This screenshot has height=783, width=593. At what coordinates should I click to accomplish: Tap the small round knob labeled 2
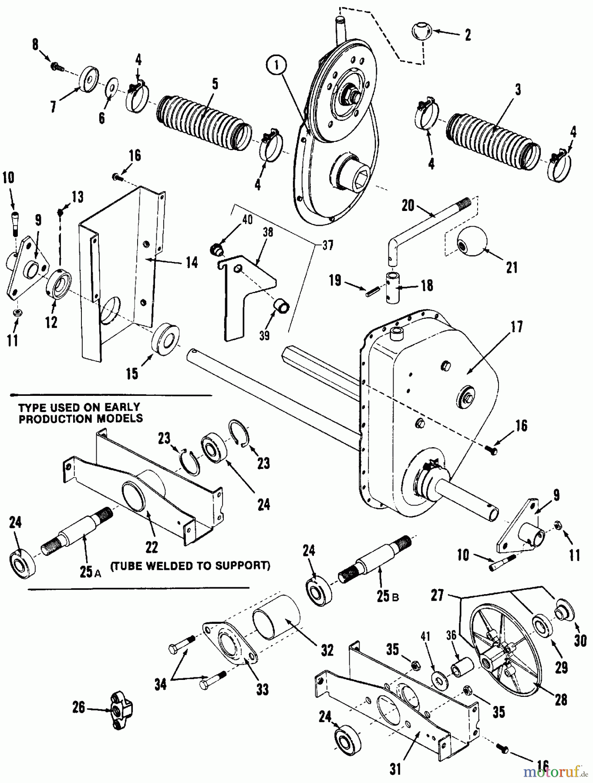point(421,33)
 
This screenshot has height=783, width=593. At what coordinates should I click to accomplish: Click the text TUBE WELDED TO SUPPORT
point(190,565)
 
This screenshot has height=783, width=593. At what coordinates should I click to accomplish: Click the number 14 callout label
point(192,262)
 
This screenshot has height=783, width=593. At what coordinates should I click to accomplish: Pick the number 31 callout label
point(395,770)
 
